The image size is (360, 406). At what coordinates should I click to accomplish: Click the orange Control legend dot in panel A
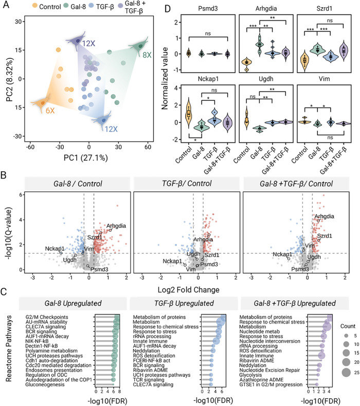tap(34, 6)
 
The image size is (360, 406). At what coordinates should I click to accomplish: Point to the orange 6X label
tap(50, 111)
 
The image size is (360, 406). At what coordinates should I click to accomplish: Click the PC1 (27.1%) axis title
tap(86, 157)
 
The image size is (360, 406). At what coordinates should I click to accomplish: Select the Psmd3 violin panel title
tap(208, 9)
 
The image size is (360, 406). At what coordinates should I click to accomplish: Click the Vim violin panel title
tap(324, 79)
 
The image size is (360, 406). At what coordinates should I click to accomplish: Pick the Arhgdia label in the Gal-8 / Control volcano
tap(116, 226)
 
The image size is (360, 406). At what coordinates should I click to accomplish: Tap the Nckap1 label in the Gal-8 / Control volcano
tap(55, 249)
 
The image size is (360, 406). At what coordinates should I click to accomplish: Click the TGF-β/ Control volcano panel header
tap(187, 184)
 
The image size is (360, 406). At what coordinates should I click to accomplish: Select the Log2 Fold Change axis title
tap(188, 290)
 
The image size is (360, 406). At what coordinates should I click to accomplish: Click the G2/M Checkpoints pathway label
tap(47, 317)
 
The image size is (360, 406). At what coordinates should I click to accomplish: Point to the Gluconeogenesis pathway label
tap(45, 384)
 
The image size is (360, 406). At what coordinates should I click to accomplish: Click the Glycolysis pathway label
tap(250, 375)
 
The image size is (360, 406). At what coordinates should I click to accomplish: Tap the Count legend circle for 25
tap(346, 372)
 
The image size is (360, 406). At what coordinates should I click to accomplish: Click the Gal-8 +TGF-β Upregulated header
tap(295, 303)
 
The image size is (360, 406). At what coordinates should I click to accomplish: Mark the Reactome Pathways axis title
tap(9, 348)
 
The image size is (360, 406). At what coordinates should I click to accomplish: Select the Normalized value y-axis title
tap(165, 78)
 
